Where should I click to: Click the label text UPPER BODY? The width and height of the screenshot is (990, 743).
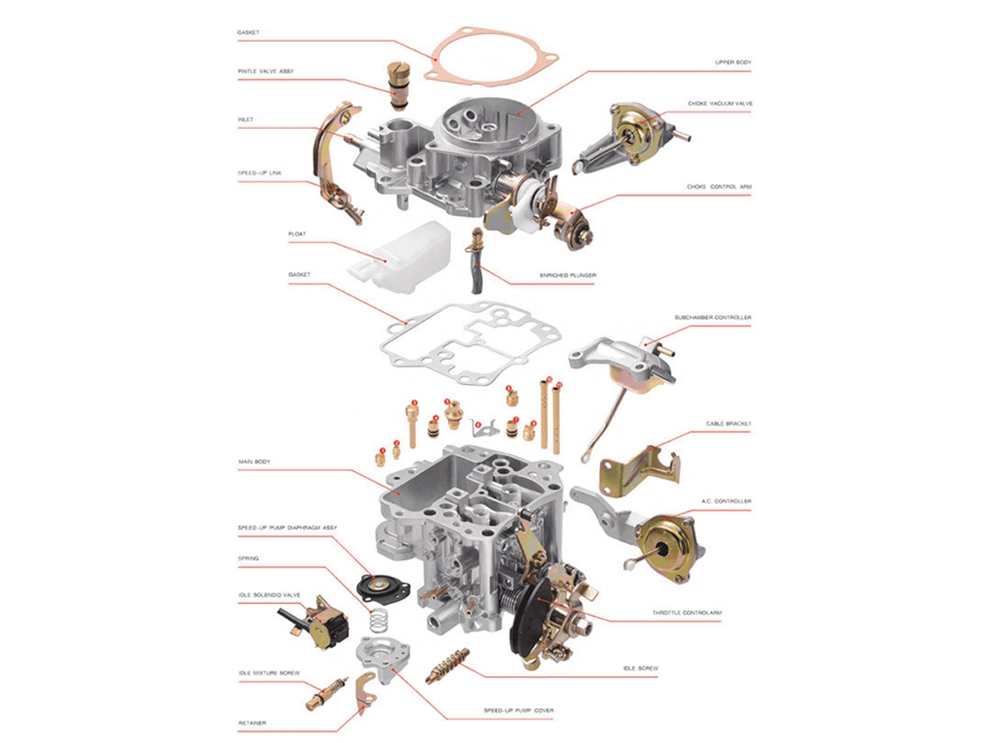[x=733, y=63]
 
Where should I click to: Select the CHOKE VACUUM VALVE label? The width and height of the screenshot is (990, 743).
[x=720, y=103]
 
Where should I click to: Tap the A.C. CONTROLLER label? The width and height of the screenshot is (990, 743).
[x=726, y=501]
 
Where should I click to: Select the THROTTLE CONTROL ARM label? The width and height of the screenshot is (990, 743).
[x=686, y=613]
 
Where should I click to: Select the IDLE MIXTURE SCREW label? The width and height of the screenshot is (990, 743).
[x=269, y=673]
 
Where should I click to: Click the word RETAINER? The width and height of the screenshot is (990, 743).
[x=253, y=722]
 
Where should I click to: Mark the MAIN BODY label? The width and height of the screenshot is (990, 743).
[x=254, y=461]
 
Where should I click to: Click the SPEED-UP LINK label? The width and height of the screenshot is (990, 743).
[x=260, y=173]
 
